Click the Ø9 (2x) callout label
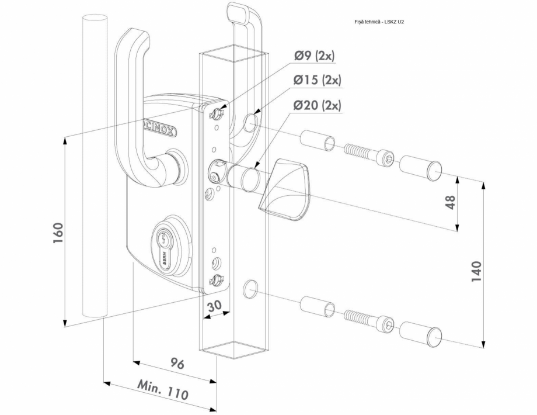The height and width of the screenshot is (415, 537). click(315, 56)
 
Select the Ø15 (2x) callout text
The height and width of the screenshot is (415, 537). click(318, 80)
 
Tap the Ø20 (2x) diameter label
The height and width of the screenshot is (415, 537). click(318, 105)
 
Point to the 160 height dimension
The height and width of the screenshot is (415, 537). click(58, 233)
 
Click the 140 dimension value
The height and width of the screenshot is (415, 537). click(476, 271)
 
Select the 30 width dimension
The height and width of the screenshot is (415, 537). click(215, 305)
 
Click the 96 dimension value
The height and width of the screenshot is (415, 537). click(177, 363)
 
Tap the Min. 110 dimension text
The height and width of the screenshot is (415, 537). click(163, 390)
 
